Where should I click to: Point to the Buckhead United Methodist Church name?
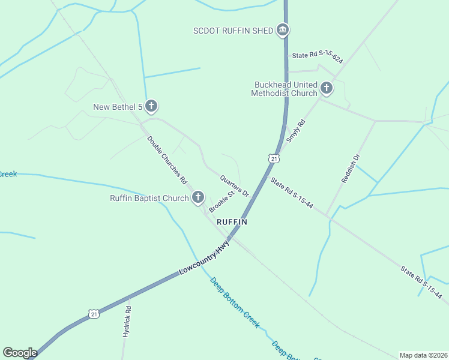click(285, 89)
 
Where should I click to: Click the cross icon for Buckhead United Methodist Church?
click(327, 89)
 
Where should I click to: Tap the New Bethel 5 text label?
click(118, 107)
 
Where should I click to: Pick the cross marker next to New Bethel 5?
click(151, 107)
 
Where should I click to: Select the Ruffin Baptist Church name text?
click(149, 198)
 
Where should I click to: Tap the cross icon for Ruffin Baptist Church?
click(198, 198)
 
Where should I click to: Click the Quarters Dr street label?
click(235, 185)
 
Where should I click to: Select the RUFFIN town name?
click(232, 221)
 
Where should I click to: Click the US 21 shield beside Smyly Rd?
click(274, 158)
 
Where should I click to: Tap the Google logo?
click(20, 353)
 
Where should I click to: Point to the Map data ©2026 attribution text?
click(424, 355)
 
